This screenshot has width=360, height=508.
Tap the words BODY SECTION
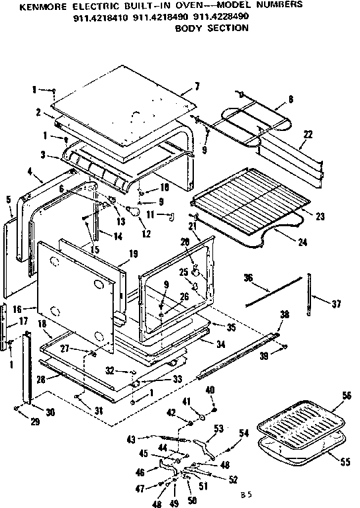click(211, 28)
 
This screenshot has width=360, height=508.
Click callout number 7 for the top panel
click(197, 87)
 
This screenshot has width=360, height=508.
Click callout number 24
click(302, 243)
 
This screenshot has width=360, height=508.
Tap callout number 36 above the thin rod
click(249, 277)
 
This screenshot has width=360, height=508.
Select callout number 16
click(15, 308)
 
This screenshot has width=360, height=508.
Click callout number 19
click(133, 253)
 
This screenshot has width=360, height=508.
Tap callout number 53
click(218, 429)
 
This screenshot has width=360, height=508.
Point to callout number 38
click(284, 316)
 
